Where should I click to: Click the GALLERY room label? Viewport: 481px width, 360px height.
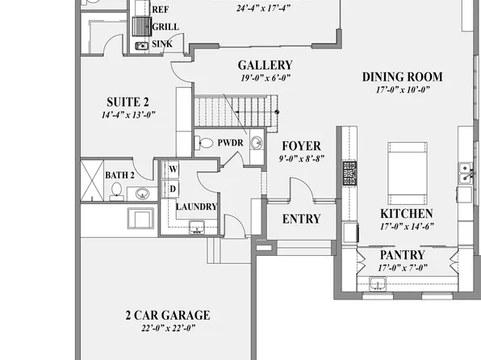tap(265, 65)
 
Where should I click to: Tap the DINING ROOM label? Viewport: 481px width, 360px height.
tap(402, 77)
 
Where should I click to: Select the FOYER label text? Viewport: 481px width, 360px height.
tap(300, 146)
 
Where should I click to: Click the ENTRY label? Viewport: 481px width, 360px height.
tap(301, 219)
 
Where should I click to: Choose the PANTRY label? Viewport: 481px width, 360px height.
tap(408, 255)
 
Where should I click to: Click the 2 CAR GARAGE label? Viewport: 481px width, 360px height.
tap(167, 315)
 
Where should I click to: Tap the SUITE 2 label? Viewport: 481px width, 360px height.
tap(128, 102)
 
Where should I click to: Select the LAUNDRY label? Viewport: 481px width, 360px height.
tap(197, 207)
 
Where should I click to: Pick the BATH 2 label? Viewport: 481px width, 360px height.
tap(119, 174)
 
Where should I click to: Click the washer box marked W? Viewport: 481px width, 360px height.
tap(171, 170)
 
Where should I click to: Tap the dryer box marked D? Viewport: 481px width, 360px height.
tap(171, 188)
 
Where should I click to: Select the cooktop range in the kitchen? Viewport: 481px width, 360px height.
tap(349, 174)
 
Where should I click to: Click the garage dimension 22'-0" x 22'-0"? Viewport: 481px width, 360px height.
tap(167, 329)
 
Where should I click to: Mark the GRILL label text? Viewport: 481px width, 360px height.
tap(165, 27)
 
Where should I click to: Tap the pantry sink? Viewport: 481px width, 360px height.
tap(379, 283)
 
